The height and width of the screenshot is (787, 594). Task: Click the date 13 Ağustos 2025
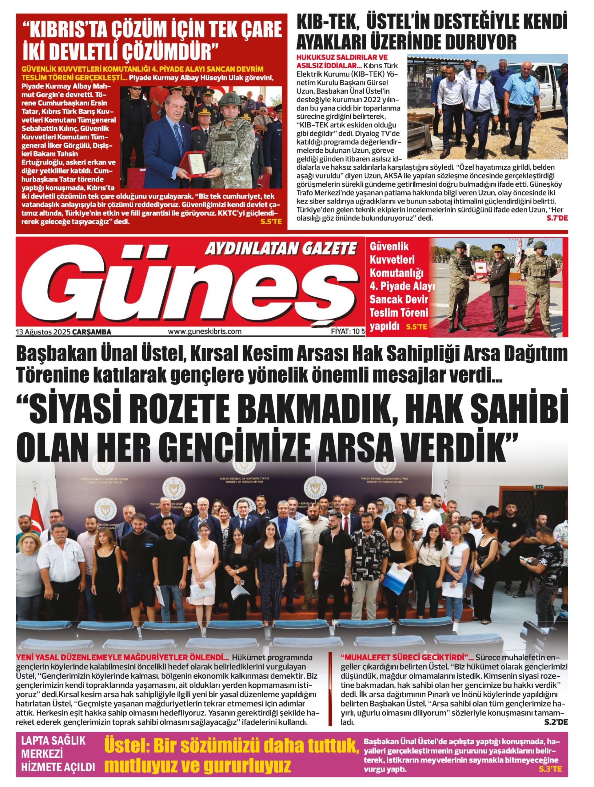click(x=43, y=332)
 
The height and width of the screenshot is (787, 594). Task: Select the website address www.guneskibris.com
click(x=205, y=331)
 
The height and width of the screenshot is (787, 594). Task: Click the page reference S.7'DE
click(x=557, y=218)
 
